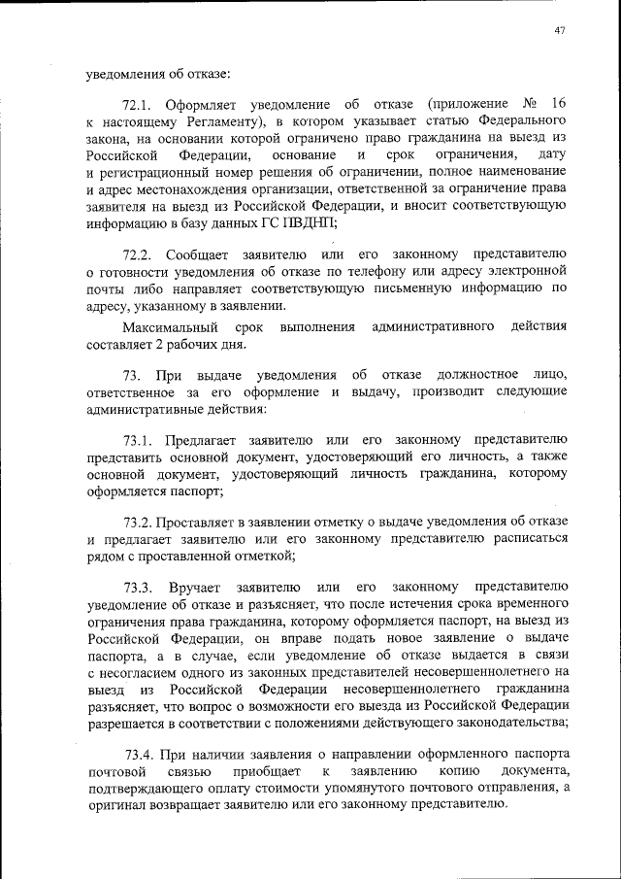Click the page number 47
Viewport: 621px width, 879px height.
click(560, 30)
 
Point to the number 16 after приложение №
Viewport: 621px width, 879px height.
click(558, 104)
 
